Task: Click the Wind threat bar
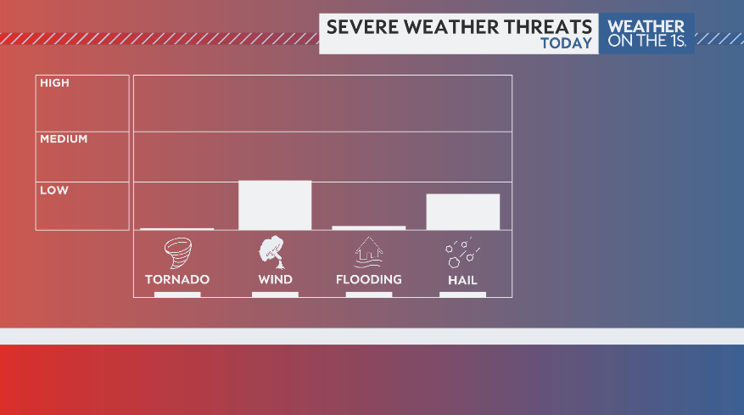(275, 205)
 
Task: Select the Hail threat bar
(462, 211)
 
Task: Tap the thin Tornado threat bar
(176, 228)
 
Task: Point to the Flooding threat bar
(368, 227)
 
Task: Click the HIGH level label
(54, 83)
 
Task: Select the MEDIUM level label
(64, 138)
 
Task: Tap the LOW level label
(54, 190)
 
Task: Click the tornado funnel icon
(177, 253)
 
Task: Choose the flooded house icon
(368, 252)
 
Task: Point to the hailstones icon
(462, 252)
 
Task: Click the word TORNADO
(177, 279)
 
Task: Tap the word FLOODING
(368, 279)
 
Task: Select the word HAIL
(462, 280)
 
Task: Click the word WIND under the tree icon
(275, 279)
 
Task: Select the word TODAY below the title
(566, 43)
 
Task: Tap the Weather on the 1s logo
(646, 33)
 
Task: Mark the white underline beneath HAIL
(462, 294)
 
